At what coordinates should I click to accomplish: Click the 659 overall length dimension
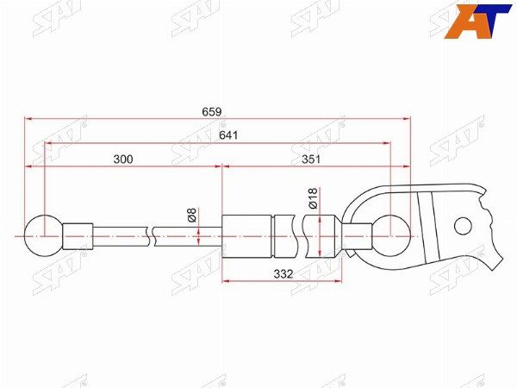(212, 111)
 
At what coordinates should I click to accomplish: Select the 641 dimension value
(228, 135)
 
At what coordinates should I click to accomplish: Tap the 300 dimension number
(124, 160)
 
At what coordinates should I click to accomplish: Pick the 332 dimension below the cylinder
(283, 273)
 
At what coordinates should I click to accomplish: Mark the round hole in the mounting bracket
(464, 226)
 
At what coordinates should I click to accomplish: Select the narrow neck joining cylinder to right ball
(359, 234)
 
